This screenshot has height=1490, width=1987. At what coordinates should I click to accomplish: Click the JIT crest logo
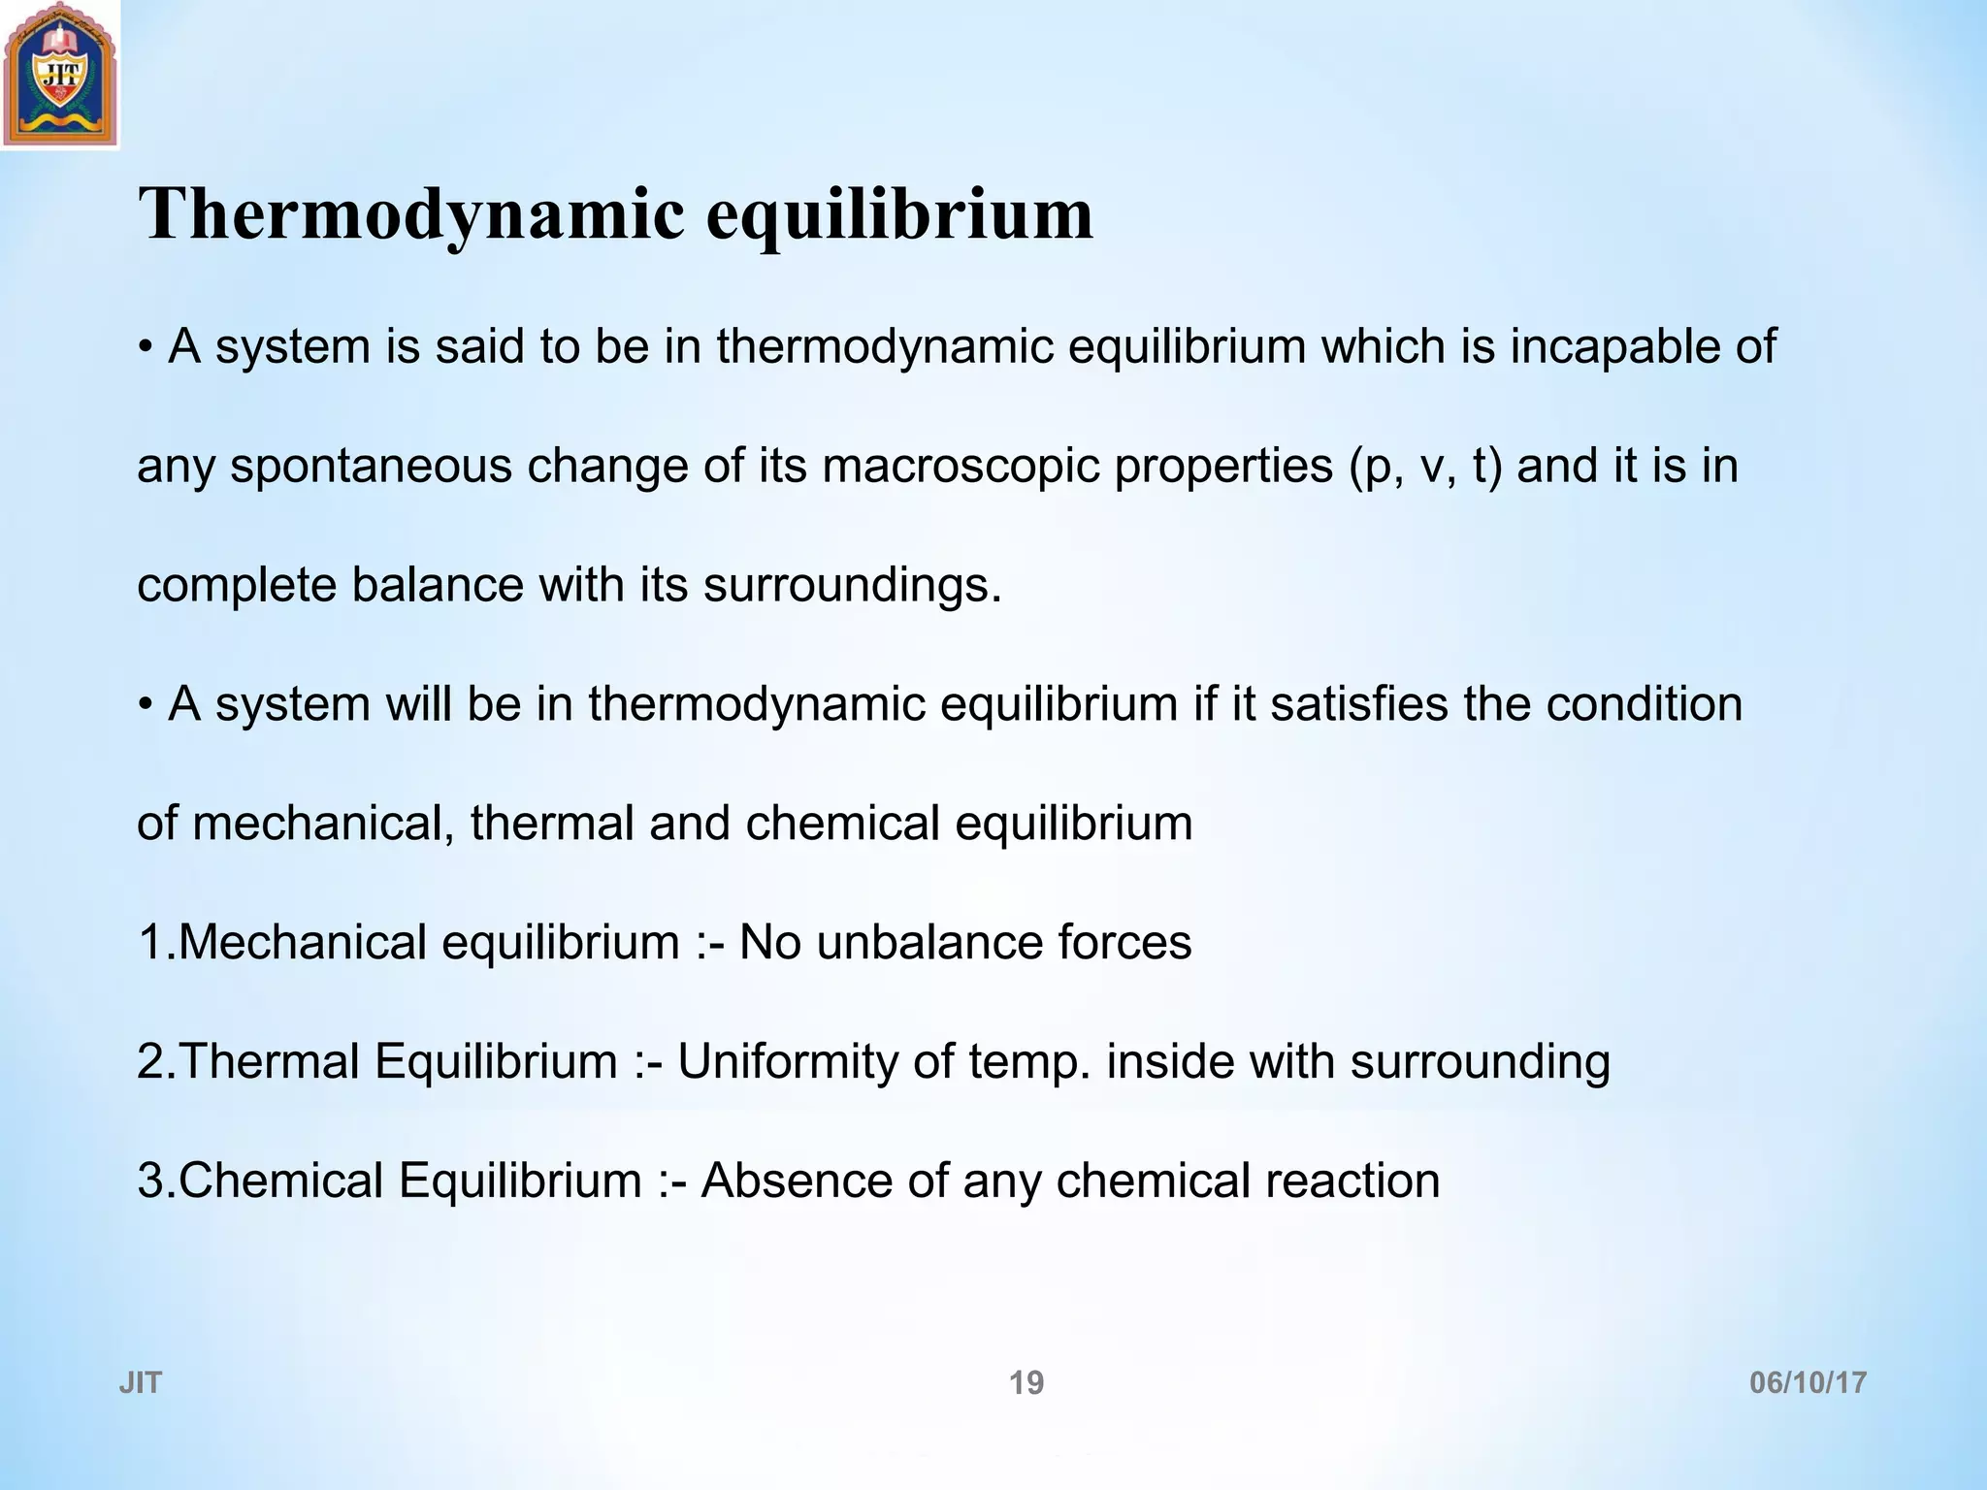pyautogui.click(x=60, y=76)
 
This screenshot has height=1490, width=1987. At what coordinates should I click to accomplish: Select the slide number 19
pyautogui.click(x=1026, y=1382)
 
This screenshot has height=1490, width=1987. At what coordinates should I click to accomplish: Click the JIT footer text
pyautogui.click(x=140, y=1382)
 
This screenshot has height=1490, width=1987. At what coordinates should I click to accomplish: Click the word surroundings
pyautogui.click(x=852, y=586)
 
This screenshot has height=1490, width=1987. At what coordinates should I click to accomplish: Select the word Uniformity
pyautogui.click(x=788, y=1061)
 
